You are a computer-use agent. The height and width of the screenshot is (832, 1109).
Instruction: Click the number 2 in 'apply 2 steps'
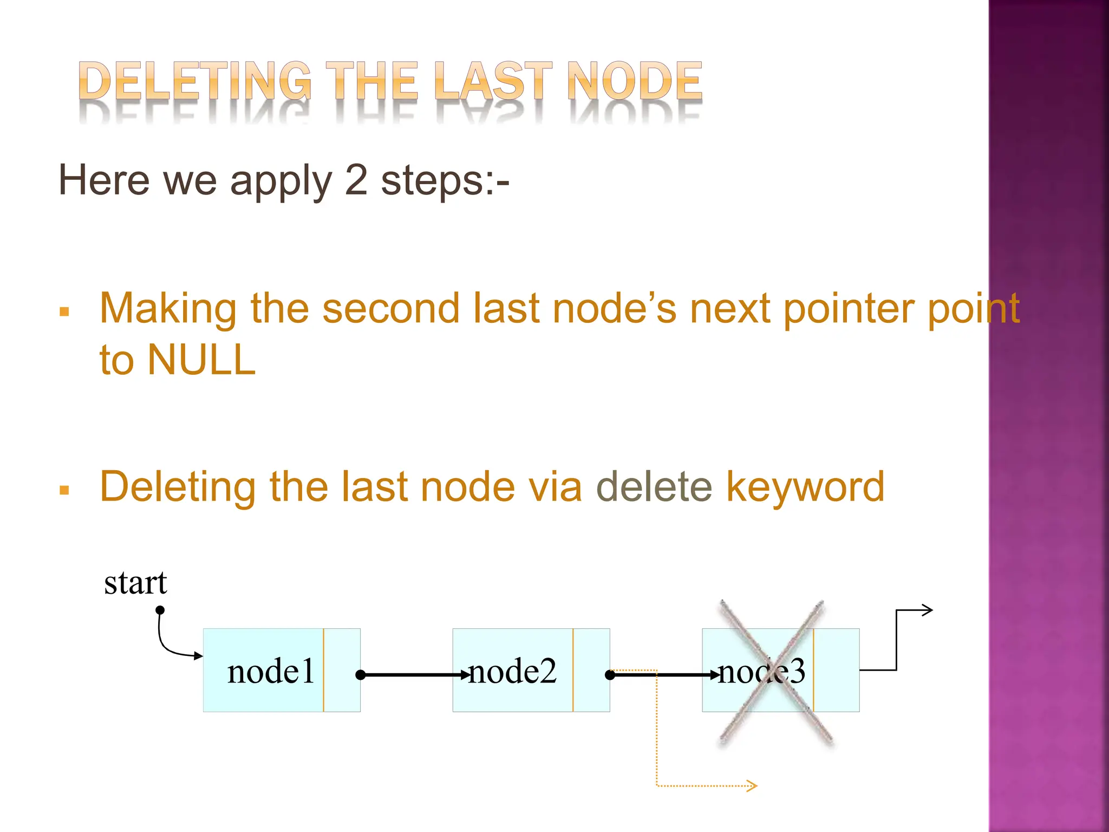click(356, 180)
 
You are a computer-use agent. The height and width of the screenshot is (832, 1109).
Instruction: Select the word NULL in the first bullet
click(201, 360)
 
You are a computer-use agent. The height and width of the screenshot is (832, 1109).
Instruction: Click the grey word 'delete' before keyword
click(654, 486)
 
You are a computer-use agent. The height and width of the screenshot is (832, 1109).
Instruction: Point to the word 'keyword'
click(805, 486)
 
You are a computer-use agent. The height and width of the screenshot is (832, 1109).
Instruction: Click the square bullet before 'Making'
click(64, 312)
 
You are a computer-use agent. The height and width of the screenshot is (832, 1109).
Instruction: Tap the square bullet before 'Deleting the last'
click(64, 491)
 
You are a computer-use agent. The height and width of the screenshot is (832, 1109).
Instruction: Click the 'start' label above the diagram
click(135, 583)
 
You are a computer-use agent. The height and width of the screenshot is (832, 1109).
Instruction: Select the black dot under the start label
click(160, 610)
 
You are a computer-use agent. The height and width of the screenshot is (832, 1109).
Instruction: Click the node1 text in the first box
click(270, 671)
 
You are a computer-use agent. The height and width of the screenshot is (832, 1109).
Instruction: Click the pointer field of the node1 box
click(342, 670)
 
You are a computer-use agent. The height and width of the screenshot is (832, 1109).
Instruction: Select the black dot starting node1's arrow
click(361, 675)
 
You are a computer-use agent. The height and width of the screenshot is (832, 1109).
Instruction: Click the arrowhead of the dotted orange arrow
click(752, 785)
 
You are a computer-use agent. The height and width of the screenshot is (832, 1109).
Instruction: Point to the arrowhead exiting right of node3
click(927, 610)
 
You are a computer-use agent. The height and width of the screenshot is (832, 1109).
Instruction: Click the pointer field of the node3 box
click(837, 670)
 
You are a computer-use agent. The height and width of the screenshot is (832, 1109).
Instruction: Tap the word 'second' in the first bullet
click(390, 309)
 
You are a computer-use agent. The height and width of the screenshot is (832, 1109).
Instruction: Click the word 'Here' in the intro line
click(103, 180)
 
